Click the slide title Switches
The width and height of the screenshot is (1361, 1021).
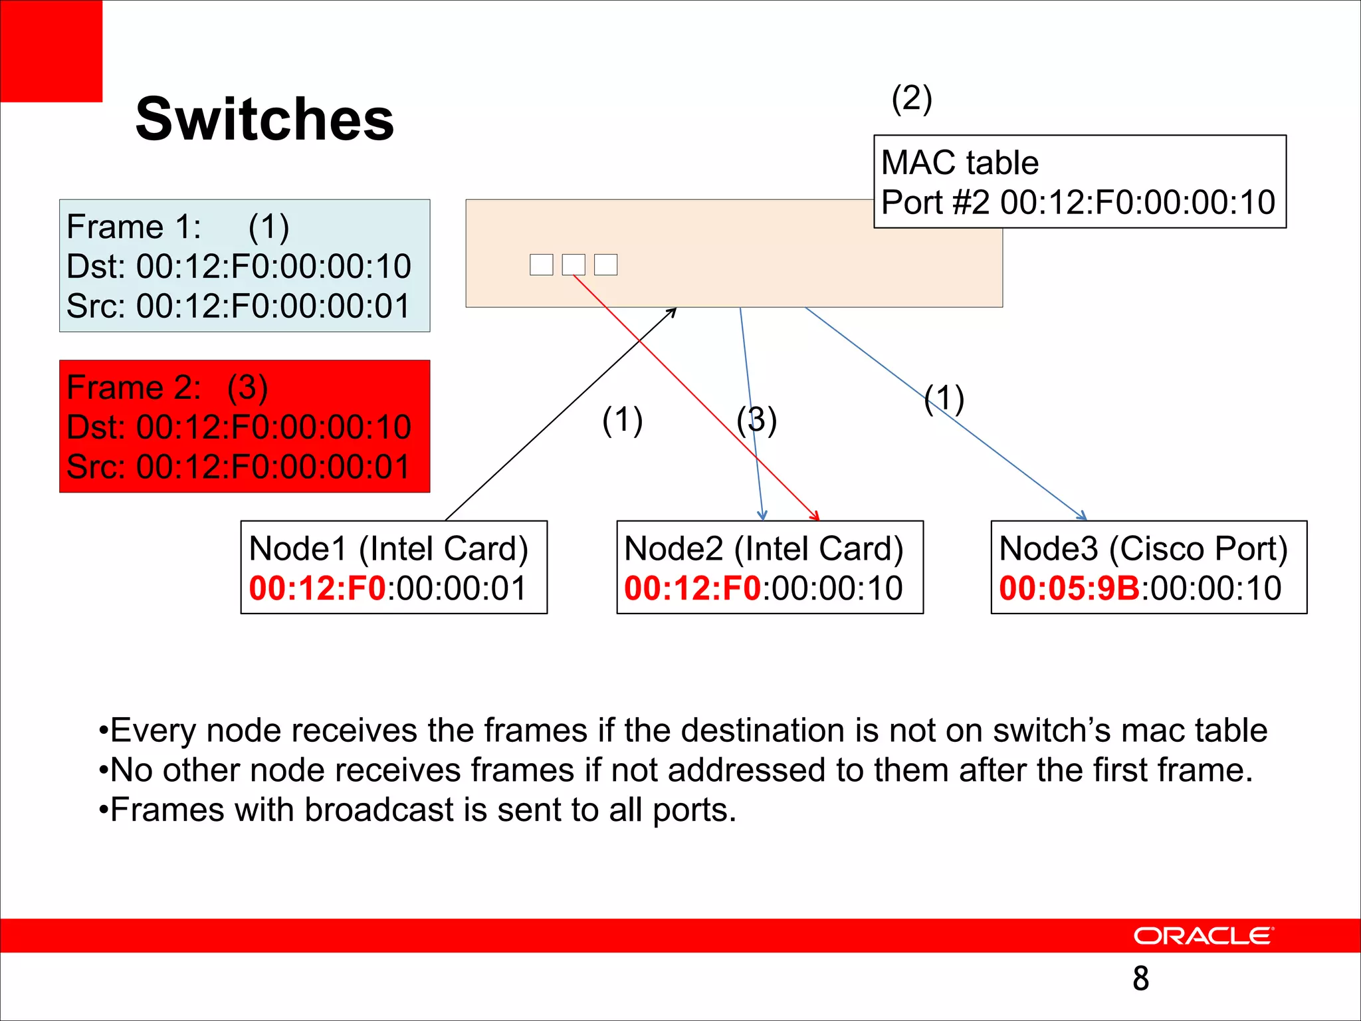coord(264,120)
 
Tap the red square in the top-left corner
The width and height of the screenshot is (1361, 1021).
coord(51,51)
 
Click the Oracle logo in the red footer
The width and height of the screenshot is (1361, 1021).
coord(1203,936)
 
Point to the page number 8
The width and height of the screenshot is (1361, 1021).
coord(1140,978)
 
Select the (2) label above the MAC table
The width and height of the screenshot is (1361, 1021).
coord(912,100)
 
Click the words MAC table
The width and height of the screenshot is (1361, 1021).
coord(960,163)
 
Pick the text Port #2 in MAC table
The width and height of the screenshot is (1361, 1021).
coord(935,202)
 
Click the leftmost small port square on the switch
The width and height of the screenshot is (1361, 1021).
coord(541,265)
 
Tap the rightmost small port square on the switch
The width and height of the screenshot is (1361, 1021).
coord(605,265)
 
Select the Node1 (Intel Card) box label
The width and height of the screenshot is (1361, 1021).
coord(388,549)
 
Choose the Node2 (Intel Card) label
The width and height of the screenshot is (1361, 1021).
coord(764,549)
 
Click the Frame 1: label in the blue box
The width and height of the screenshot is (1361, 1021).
coord(134,227)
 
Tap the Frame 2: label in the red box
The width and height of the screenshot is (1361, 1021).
coord(134,388)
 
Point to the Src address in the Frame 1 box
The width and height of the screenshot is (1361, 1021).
coord(273,306)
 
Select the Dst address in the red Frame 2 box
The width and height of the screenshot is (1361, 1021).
coord(273,427)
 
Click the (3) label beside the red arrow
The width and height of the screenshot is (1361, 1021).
coord(756,420)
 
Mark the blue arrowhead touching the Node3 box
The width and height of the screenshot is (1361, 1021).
coord(1083,516)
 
